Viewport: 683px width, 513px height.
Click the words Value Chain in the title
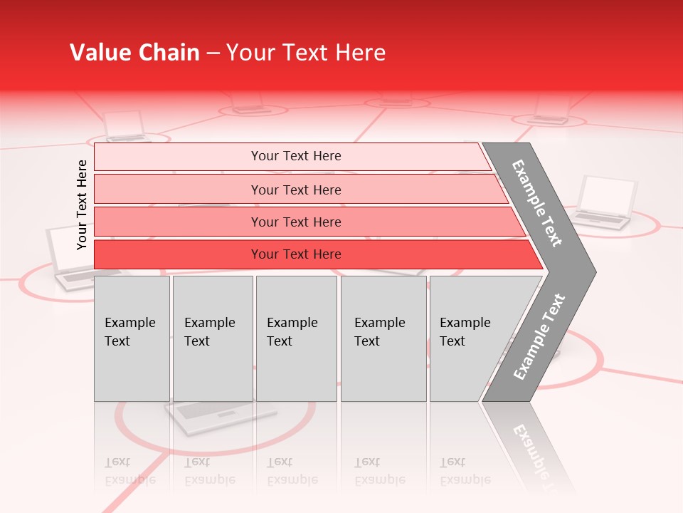(134, 53)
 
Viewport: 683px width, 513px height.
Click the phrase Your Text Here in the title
(306, 53)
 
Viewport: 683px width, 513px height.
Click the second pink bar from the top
(296, 190)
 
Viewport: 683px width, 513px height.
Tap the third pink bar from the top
(296, 222)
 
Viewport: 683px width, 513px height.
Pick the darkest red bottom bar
(296, 254)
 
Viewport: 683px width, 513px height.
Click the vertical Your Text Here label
(82, 204)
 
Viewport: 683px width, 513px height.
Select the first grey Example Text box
(132, 338)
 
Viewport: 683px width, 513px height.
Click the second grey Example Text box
(213, 338)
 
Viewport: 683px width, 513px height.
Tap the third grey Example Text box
(296, 338)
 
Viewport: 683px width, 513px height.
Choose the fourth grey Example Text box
(383, 338)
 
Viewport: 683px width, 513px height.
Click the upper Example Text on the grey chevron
(537, 203)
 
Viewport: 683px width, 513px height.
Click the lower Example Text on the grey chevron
(539, 337)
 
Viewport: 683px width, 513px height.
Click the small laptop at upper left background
(125, 126)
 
